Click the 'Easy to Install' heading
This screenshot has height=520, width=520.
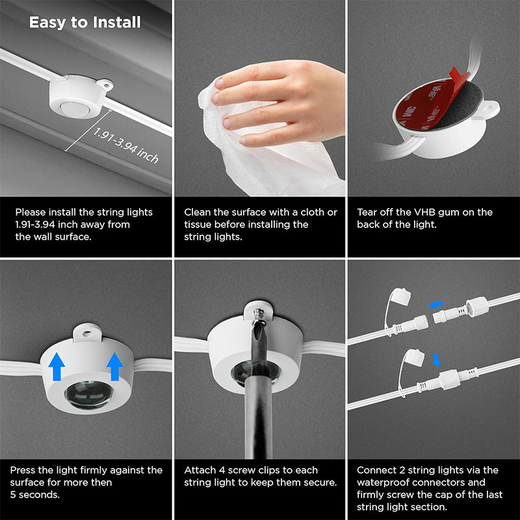tap(84, 22)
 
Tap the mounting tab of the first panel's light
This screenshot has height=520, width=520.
tap(103, 85)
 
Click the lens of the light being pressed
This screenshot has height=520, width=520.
tap(86, 395)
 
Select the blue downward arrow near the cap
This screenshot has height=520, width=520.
tap(437, 360)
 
